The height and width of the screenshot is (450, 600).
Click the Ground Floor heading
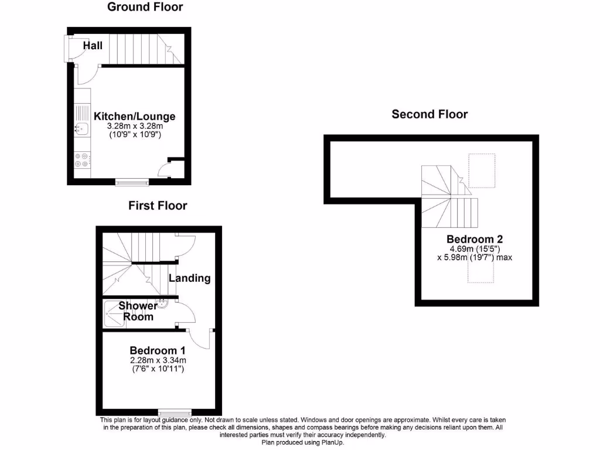point(145,7)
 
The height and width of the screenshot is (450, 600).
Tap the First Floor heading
point(158,206)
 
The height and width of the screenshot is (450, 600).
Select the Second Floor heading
point(429,114)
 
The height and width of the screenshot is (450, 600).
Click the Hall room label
point(93,45)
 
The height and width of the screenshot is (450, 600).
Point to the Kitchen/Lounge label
point(135,117)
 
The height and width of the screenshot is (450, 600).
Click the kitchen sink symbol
point(80,128)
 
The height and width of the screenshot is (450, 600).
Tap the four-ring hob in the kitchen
point(81,160)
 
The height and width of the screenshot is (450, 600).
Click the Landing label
point(189,278)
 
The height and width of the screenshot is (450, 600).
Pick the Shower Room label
point(138,311)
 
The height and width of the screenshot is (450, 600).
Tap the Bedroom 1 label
point(158,350)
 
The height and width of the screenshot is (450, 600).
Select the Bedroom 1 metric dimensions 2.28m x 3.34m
point(158,360)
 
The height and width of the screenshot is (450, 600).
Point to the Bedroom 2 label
point(475,239)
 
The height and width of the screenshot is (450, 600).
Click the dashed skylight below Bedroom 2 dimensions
point(480,272)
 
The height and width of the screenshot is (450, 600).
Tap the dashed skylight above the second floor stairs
point(482,171)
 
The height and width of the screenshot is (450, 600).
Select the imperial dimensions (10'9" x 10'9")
point(135,134)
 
